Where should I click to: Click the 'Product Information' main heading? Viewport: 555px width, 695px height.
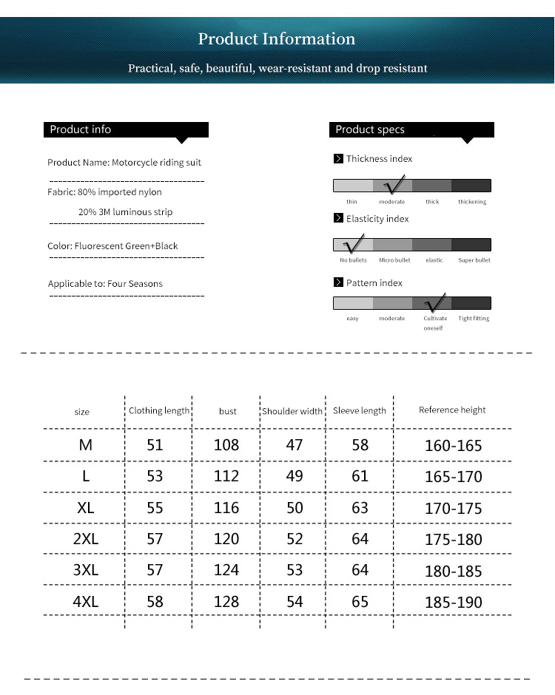(277, 39)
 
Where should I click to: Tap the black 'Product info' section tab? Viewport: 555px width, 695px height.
(126, 130)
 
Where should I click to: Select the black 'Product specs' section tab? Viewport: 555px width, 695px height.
(411, 130)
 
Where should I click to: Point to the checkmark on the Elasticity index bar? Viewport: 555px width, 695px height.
(353, 243)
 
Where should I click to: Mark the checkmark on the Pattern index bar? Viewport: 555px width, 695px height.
(434, 302)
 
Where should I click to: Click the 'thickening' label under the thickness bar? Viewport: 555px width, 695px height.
(472, 202)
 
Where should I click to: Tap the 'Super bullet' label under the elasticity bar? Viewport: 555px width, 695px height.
(474, 260)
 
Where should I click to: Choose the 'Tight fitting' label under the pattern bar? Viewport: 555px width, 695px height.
(474, 319)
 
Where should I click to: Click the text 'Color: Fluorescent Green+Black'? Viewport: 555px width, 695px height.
(112, 246)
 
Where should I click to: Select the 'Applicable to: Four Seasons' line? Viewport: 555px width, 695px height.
(105, 284)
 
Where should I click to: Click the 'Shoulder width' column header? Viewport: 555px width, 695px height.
(292, 412)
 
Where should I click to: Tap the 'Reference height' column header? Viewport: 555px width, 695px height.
(452, 410)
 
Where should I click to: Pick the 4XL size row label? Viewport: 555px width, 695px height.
(86, 601)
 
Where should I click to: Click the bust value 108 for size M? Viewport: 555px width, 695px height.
(226, 445)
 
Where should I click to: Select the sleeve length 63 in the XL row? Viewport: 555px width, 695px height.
(360, 508)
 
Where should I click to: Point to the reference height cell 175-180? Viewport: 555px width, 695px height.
(453, 540)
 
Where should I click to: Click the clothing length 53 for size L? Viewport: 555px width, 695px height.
(155, 476)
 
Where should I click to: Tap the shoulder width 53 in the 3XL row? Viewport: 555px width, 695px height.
(295, 570)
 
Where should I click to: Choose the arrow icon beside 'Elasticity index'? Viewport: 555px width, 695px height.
(338, 219)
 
